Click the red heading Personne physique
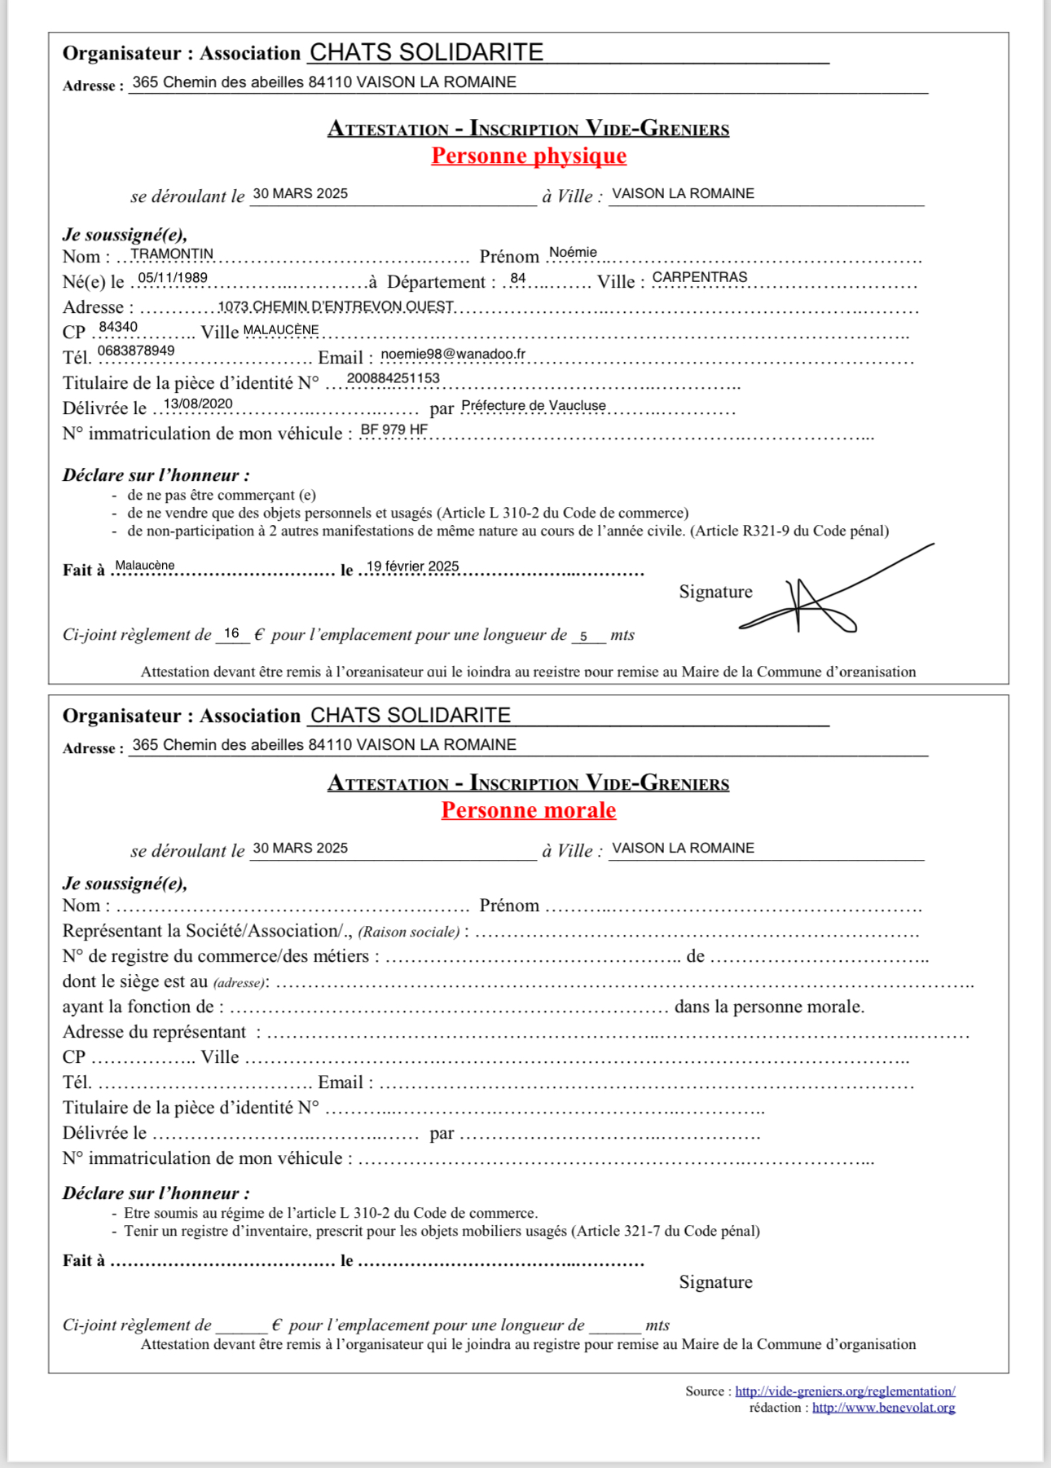(x=529, y=156)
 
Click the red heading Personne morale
(x=529, y=810)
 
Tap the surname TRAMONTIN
(x=172, y=253)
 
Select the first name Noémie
(x=573, y=253)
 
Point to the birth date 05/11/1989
(x=173, y=278)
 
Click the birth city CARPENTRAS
(x=699, y=277)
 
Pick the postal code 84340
(x=118, y=327)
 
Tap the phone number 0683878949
(x=136, y=351)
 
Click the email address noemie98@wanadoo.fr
(x=453, y=354)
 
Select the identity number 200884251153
(x=394, y=378)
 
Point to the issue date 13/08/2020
(x=198, y=404)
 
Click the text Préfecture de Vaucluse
(x=534, y=406)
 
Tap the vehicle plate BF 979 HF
(x=394, y=430)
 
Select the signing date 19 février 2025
(x=412, y=566)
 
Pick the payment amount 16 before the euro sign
(x=232, y=633)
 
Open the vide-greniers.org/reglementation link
(x=845, y=1391)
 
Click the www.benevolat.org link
(x=883, y=1408)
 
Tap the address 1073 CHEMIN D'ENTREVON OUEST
(x=336, y=306)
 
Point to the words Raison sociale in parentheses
(x=409, y=932)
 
